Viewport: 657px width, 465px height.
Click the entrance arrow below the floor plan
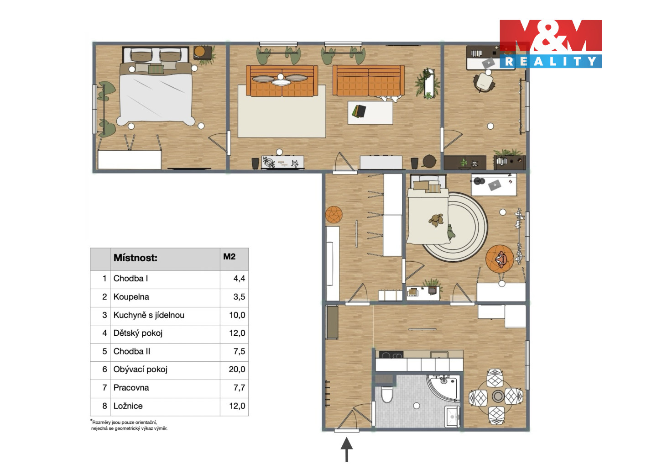(x=347, y=449)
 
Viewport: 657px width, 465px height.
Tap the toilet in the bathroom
(x=387, y=394)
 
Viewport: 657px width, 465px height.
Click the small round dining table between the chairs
(x=498, y=396)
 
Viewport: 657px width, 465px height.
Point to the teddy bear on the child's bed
(x=437, y=220)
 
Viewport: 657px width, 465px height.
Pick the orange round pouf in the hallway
(x=334, y=215)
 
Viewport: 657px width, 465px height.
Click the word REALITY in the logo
(x=551, y=61)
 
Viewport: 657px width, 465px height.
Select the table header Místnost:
(x=136, y=258)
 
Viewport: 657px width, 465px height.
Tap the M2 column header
(x=229, y=257)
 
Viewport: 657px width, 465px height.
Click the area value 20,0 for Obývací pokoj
(x=237, y=369)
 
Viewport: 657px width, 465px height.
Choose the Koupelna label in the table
(x=131, y=297)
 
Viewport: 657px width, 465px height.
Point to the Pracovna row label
(x=131, y=388)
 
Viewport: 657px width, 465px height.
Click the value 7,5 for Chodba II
(x=240, y=351)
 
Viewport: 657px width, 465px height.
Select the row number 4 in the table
(x=104, y=333)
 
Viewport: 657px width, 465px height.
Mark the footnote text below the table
(x=129, y=425)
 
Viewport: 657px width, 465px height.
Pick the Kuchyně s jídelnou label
(x=149, y=315)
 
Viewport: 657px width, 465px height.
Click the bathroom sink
(x=452, y=416)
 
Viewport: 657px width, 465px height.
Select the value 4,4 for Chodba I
(x=240, y=279)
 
